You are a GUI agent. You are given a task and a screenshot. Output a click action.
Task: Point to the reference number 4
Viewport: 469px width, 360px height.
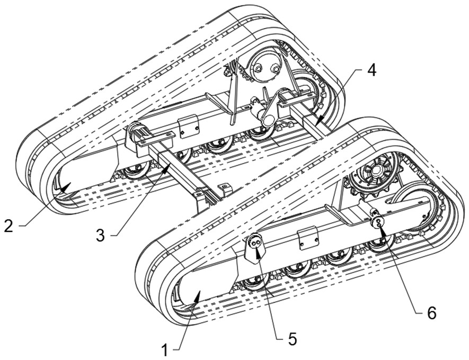pyautogui.click(x=373, y=70)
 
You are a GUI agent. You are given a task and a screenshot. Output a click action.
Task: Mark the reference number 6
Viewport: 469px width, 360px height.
pyautogui.click(x=431, y=312)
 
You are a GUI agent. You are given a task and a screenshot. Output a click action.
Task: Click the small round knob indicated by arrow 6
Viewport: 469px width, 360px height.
pyautogui.click(x=378, y=222)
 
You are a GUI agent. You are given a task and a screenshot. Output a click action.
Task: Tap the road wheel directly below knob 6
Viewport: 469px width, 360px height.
pyautogui.click(x=379, y=244)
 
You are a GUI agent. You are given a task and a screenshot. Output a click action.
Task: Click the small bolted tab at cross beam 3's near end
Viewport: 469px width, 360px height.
pyautogui.click(x=225, y=187)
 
